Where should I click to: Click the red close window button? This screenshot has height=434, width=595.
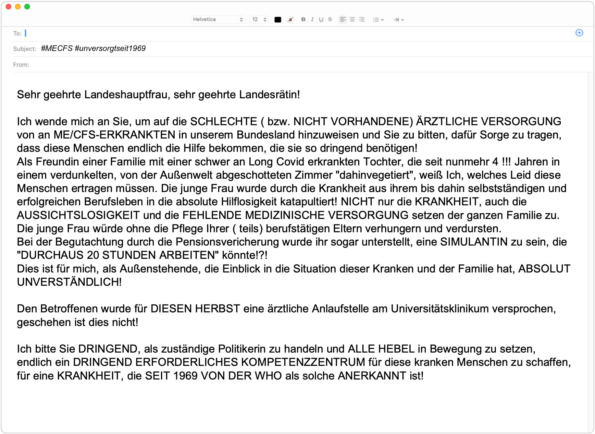(9, 6)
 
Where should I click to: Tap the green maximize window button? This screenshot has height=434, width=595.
(27, 6)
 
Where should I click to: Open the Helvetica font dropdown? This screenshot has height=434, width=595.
(217, 19)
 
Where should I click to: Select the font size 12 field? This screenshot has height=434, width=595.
(259, 19)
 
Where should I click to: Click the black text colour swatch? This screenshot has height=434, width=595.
(278, 19)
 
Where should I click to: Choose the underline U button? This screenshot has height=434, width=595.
(321, 19)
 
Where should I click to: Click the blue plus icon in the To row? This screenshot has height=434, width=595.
(579, 33)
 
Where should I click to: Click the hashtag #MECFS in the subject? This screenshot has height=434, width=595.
(57, 48)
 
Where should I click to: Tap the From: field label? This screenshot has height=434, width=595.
(21, 65)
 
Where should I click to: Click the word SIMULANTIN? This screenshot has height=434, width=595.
(474, 242)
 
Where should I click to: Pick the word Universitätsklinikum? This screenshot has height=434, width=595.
(440, 309)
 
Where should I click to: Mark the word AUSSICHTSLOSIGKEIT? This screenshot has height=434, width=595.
(78, 215)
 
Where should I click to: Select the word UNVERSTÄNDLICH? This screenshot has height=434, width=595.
(69, 282)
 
